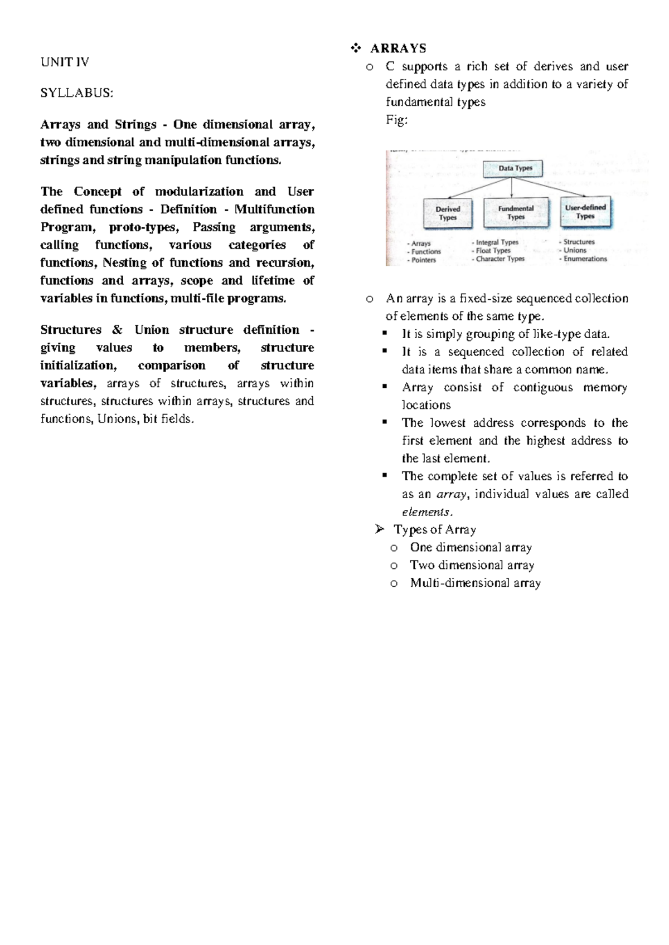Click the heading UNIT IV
(65, 62)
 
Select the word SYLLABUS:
(76, 93)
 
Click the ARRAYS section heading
(398, 48)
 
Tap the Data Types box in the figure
(515, 168)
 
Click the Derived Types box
(448, 213)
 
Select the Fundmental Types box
(516, 213)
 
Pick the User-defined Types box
(585, 212)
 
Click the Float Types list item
(493, 251)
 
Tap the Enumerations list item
(585, 259)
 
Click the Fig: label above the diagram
(396, 120)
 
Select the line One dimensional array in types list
(471, 548)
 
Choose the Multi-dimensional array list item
(475, 583)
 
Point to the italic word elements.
(426, 512)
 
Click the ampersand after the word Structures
(117, 330)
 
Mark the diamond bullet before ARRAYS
(356, 49)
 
